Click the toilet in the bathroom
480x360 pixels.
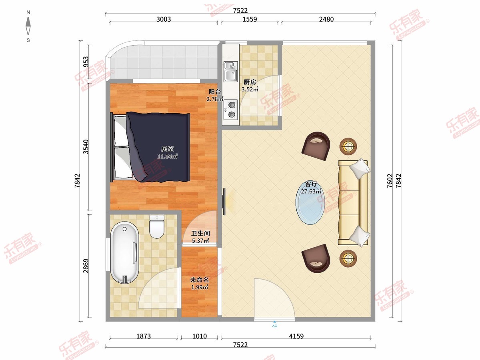pos(157,226)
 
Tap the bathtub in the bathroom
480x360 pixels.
pos(124,253)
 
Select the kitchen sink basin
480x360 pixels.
pos(231,72)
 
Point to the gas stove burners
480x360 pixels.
pos(231,110)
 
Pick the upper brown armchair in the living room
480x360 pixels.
pos(316,146)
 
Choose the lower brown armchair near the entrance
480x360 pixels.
pos(316,258)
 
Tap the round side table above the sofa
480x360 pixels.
pos(348,146)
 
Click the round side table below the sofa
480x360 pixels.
pos(348,258)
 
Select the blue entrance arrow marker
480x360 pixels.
pos(275,322)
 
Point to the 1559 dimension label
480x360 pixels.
pos(250,19)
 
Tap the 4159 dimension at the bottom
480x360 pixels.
pos(296,336)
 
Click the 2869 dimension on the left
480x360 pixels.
pos(86,266)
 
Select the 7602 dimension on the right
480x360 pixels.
pos(390,181)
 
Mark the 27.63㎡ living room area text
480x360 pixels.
pos(311,192)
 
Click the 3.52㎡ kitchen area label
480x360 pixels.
pos(250,89)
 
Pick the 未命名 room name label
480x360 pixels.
pos(199,280)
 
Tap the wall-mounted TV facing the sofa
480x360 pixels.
pos(224,202)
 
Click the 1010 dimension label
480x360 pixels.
pos(200,336)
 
